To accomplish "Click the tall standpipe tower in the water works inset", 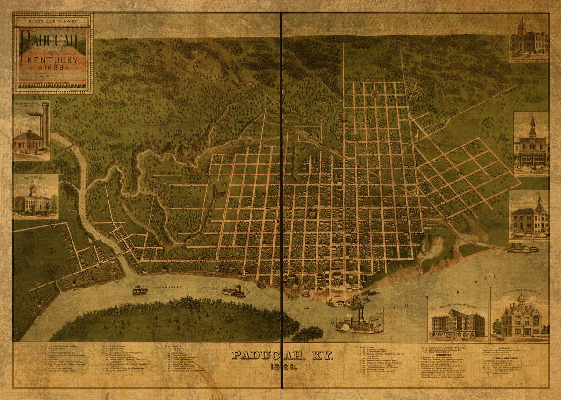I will pos(45,123).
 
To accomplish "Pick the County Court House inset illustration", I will pos(35,197).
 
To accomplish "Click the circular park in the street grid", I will pos(375,94).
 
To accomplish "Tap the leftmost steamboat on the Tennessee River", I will pos(140,291).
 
